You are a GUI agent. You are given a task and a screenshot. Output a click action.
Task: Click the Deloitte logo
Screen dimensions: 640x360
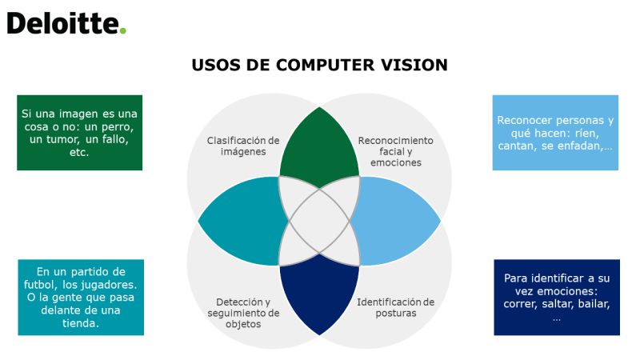(x=66, y=23)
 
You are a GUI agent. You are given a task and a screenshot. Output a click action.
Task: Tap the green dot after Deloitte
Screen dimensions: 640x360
(x=122, y=30)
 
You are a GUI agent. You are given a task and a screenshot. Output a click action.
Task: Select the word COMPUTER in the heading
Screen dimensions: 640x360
(x=325, y=66)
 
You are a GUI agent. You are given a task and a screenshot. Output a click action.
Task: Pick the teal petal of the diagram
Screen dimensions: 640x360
(x=243, y=221)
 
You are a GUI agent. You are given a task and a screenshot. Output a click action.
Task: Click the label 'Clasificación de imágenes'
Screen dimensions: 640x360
(x=243, y=146)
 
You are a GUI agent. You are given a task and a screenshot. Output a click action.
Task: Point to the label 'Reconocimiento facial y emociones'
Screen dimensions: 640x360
(x=395, y=151)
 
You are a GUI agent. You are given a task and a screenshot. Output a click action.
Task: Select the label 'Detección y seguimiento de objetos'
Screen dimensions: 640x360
(x=243, y=313)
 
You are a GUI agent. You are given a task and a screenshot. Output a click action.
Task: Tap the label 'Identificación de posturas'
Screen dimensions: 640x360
(x=395, y=308)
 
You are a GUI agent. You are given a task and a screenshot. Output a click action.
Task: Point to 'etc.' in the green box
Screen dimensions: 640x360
(x=79, y=153)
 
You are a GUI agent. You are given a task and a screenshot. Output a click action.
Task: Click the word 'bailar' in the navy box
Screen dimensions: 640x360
(x=594, y=304)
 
